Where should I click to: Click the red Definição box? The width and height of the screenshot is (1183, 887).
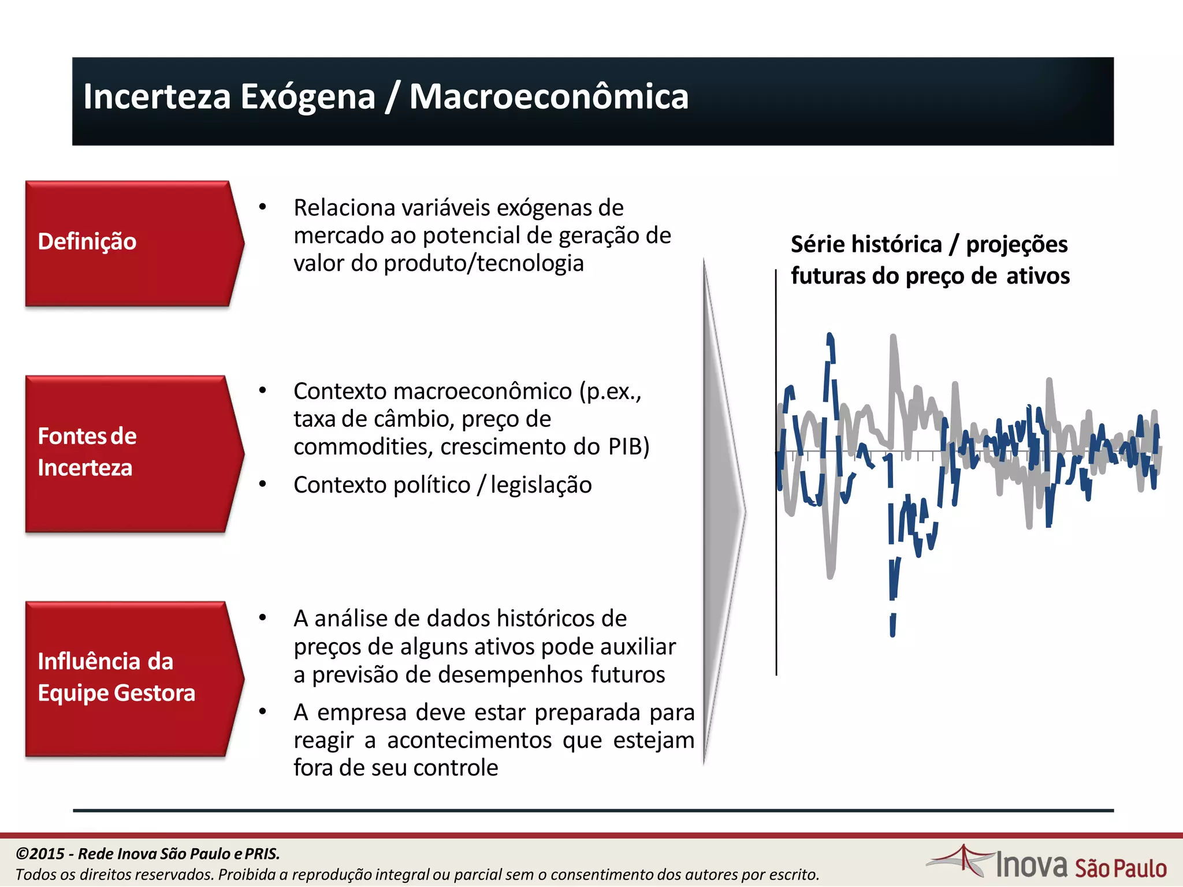[x=130, y=243]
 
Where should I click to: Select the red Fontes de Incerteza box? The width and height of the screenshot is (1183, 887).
[x=130, y=453]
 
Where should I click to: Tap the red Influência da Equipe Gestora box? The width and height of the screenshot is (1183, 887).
[x=130, y=678]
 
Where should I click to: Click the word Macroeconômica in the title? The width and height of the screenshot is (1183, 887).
[x=549, y=96]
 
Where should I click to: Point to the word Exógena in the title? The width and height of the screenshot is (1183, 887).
[x=308, y=96]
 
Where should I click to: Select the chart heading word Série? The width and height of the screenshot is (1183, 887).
[x=817, y=244]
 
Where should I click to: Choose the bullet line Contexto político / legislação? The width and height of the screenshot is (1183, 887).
[x=442, y=485]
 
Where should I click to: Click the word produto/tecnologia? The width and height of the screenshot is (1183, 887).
[x=484, y=263]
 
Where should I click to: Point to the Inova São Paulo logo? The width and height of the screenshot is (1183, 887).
[x=1047, y=864]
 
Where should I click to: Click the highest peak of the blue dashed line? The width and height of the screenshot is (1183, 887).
[x=830, y=337]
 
